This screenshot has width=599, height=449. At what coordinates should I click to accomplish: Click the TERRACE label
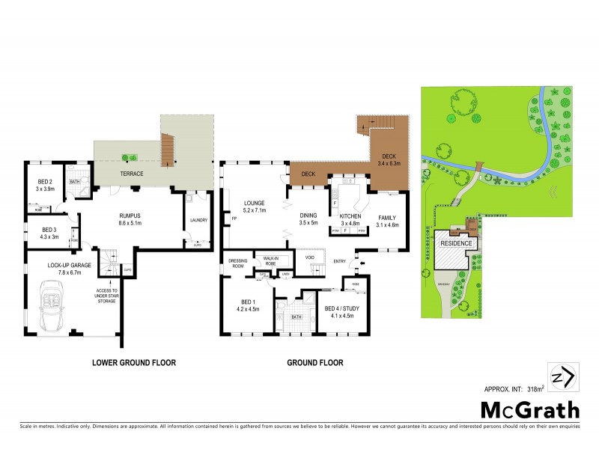click(132, 174)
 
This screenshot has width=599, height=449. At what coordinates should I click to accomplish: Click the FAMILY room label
click(387, 216)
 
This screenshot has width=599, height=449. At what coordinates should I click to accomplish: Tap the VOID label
click(309, 257)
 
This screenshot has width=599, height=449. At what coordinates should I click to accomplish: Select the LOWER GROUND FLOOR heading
click(133, 363)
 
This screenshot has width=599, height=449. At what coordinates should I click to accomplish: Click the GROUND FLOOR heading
click(315, 363)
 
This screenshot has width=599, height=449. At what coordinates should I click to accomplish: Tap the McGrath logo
click(529, 410)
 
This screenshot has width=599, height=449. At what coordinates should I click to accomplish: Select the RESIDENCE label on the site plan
click(456, 243)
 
